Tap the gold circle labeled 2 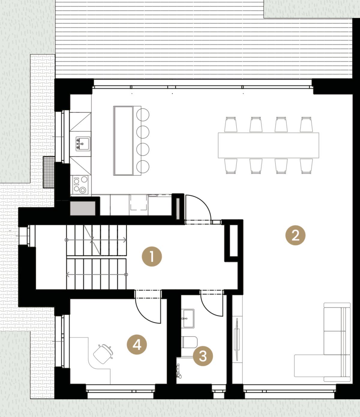(295, 235)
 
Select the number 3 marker (203, 356)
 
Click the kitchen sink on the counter (82, 144)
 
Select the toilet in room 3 (190, 342)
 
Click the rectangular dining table (268, 145)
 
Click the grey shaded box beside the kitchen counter (82, 208)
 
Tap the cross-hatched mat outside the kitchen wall (49, 172)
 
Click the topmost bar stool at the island (143, 115)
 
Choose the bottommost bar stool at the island (143, 167)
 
